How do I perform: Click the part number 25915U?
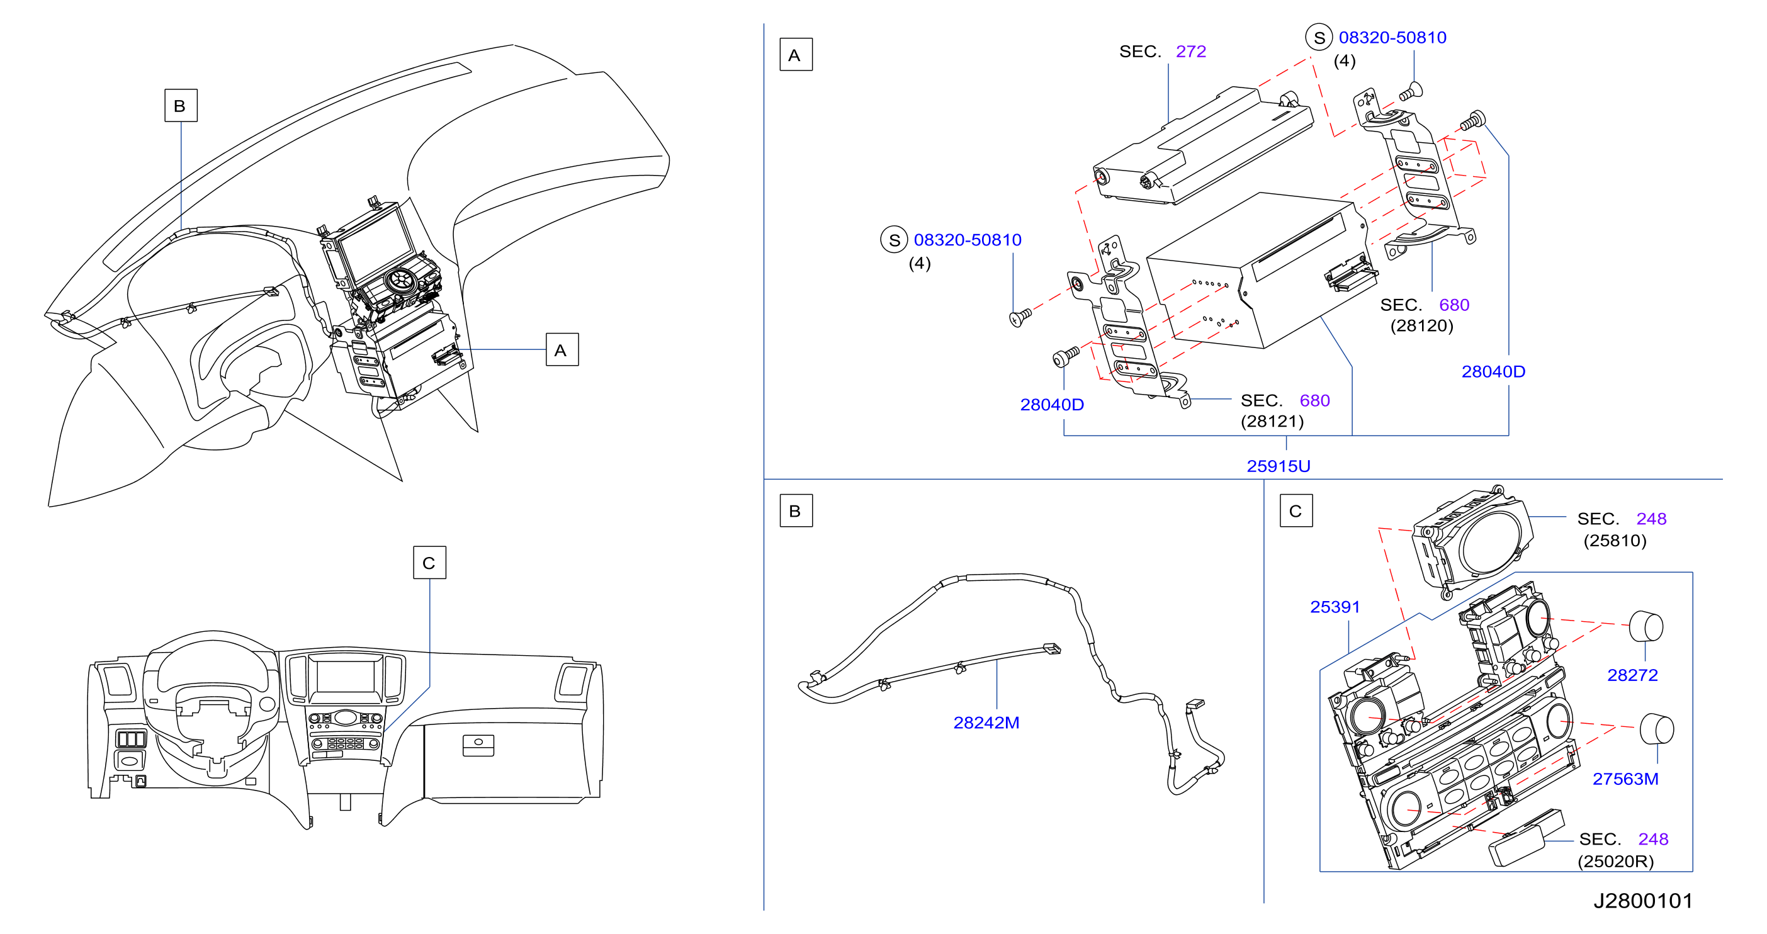pyautogui.click(x=1278, y=466)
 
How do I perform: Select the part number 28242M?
pyautogui.click(x=986, y=723)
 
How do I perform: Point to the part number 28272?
pyautogui.click(x=1632, y=675)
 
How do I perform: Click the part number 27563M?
pyautogui.click(x=1625, y=779)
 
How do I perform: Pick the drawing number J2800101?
pyautogui.click(x=1643, y=901)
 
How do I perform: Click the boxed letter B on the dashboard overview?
pyautogui.click(x=181, y=106)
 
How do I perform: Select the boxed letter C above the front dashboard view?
pyautogui.click(x=429, y=562)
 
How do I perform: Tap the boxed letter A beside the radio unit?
pyautogui.click(x=562, y=350)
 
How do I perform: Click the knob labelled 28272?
pyautogui.click(x=1646, y=626)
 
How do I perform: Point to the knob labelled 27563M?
pyautogui.click(x=1657, y=729)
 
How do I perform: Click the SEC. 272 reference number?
pyautogui.click(x=1190, y=52)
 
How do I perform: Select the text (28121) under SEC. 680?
pyautogui.click(x=1272, y=421)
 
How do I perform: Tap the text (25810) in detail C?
pyautogui.click(x=1615, y=541)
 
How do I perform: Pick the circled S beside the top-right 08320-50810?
pyautogui.click(x=1318, y=38)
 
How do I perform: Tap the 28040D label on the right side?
pyautogui.click(x=1493, y=372)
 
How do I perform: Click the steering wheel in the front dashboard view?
pyautogui.click(x=212, y=706)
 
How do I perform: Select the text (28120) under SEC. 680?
pyautogui.click(x=1421, y=326)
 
